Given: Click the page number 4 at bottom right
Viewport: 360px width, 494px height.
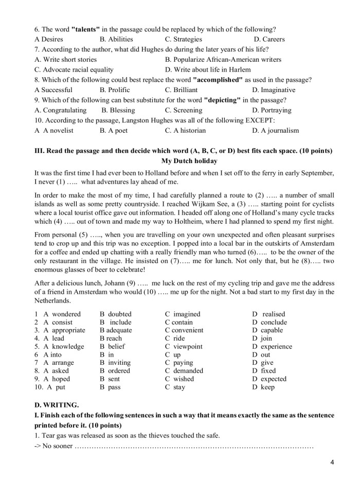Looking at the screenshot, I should tap(332, 462).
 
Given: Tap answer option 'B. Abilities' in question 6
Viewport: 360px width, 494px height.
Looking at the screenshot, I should tap(116, 39).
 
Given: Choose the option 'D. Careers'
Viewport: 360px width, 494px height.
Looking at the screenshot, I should tap(269, 39).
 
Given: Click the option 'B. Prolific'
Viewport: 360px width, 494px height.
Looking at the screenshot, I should tap(115, 90).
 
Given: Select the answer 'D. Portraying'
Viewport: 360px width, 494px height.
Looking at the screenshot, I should tap(272, 110).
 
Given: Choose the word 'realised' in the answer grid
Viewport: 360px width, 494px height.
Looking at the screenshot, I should tap(273, 314).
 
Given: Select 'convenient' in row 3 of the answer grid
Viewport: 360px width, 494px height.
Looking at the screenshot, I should tap(188, 330).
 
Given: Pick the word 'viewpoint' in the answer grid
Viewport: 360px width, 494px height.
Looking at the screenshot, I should tap(188, 346).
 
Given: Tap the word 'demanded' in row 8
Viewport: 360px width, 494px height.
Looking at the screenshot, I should tap(188, 370).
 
